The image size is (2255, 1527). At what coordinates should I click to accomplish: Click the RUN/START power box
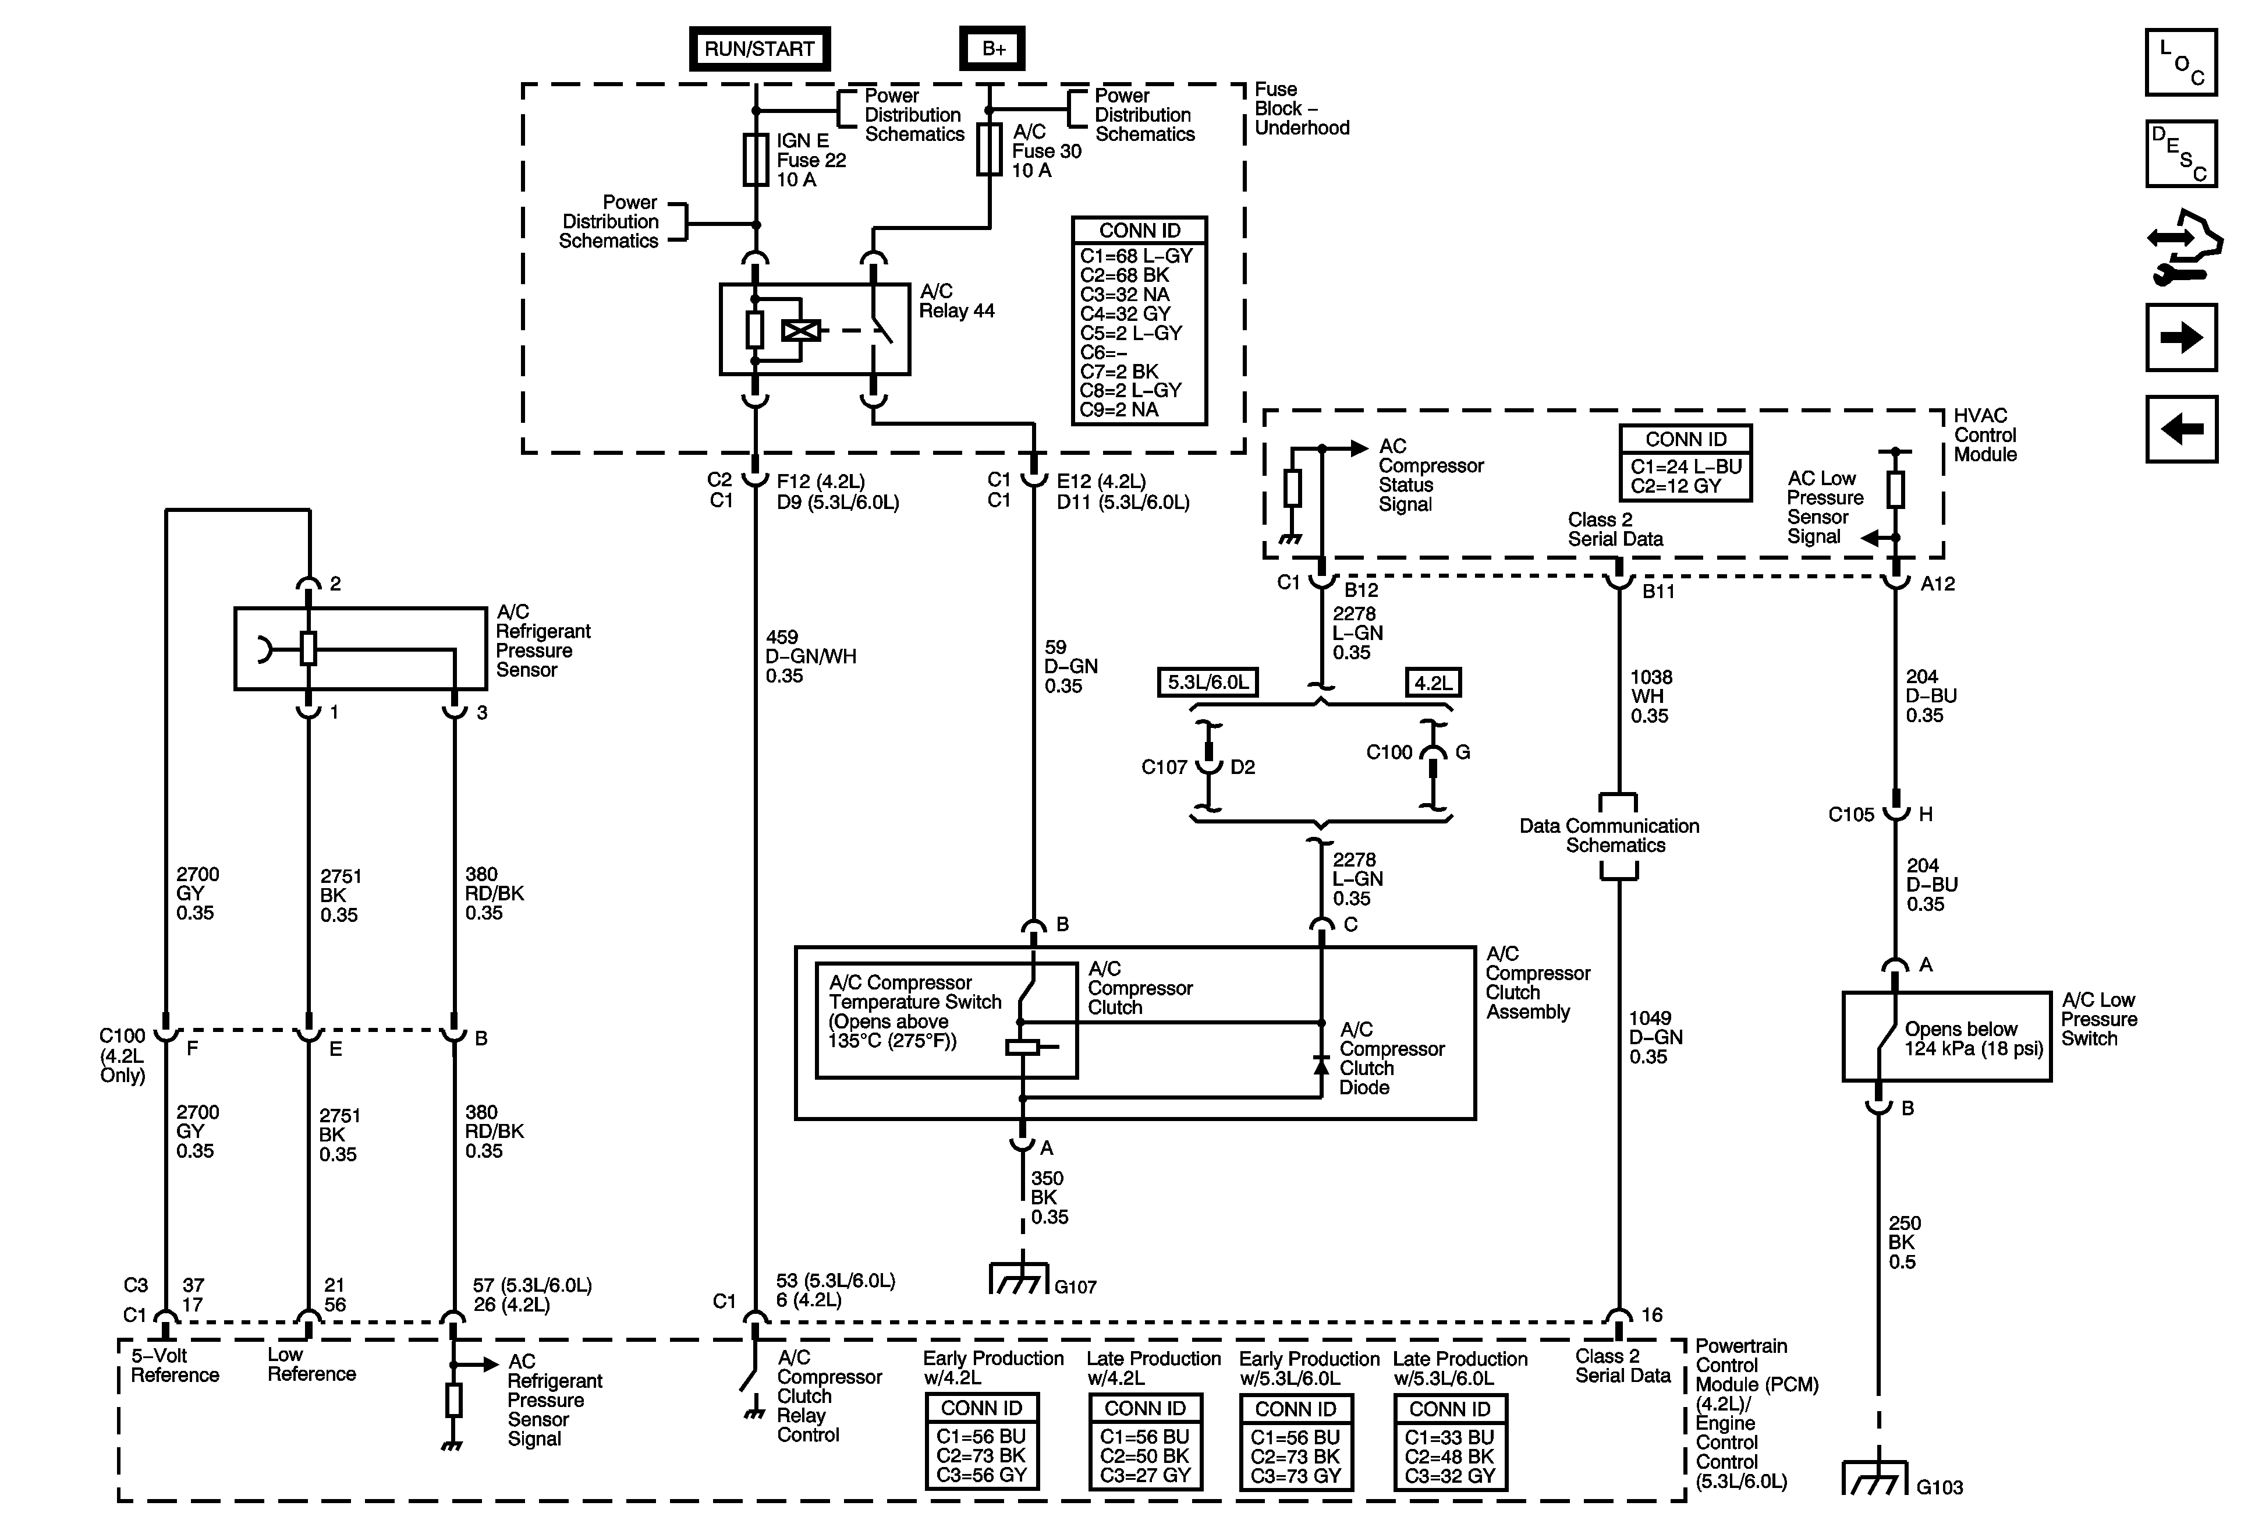(x=759, y=48)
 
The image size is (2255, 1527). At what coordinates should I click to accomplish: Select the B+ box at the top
(x=992, y=48)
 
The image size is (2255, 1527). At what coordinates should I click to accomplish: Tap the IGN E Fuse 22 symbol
(x=756, y=160)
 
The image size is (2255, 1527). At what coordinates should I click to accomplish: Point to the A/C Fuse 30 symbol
(x=989, y=150)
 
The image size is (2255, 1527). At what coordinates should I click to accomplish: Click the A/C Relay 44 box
(x=814, y=329)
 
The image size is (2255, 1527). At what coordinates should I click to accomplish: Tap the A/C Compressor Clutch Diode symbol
(x=1321, y=1065)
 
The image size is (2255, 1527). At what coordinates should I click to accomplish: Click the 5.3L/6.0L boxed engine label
(x=1207, y=683)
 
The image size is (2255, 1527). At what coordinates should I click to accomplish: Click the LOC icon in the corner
(x=2181, y=63)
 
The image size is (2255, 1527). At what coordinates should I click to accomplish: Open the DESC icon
(x=2181, y=153)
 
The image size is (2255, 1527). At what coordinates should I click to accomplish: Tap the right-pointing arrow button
(x=2181, y=338)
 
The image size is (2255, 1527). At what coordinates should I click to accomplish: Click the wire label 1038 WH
(x=1650, y=696)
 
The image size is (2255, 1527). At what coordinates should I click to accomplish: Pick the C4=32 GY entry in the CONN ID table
(x=1126, y=313)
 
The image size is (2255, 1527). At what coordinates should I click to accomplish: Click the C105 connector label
(x=1850, y=815)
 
